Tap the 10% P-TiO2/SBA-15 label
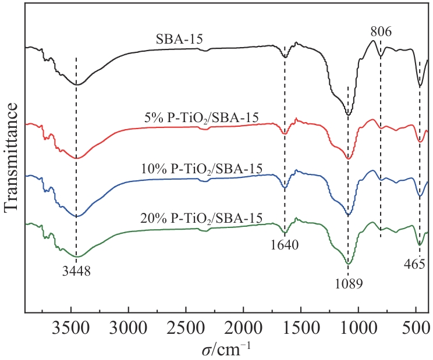(202, 168)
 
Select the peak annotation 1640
(284, 245)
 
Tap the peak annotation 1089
(348, 284)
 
